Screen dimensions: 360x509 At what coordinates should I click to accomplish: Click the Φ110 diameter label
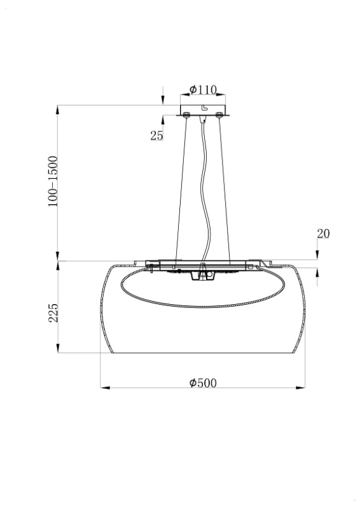click(x=203, y=90)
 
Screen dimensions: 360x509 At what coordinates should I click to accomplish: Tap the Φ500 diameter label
click(x=203, y=383)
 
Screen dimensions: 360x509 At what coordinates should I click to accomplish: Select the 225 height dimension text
click(x=53, y=313)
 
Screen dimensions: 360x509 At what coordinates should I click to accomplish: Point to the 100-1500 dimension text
click(x=53, y=181)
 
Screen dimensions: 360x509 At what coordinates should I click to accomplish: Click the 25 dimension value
click(x=156, y=136)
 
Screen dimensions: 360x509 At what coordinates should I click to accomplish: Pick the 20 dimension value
click(x=323, y=234)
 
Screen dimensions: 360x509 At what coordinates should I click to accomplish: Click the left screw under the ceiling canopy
click(x=186, y=115)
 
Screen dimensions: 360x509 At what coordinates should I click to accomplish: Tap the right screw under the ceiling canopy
click(x=219, y=115)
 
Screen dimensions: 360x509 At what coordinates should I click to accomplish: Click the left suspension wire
click(x=181, y=189)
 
